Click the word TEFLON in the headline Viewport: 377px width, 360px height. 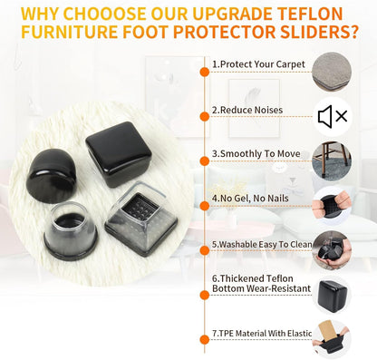pos(310,14)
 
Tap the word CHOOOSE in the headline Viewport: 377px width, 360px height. pos(104,14)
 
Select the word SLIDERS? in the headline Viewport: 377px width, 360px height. pos(319,32)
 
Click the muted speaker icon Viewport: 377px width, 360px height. pos(333,116)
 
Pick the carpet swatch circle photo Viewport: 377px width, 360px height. pos(332,72)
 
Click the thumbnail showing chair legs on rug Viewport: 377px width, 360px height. pos(332,161)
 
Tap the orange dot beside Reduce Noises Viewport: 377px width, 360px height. pos(205,116)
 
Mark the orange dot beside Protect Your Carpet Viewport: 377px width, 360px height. pos(205,72)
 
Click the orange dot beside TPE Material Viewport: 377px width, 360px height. pos(205,339)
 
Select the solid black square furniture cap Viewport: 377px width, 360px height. pos(119,154)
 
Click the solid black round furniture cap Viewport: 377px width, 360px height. pos(51,176)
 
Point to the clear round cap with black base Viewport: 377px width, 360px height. pos(71,231)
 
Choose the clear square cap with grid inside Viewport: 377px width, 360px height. pos(141,219)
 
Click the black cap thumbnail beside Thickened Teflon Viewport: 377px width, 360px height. pos(332,296)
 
